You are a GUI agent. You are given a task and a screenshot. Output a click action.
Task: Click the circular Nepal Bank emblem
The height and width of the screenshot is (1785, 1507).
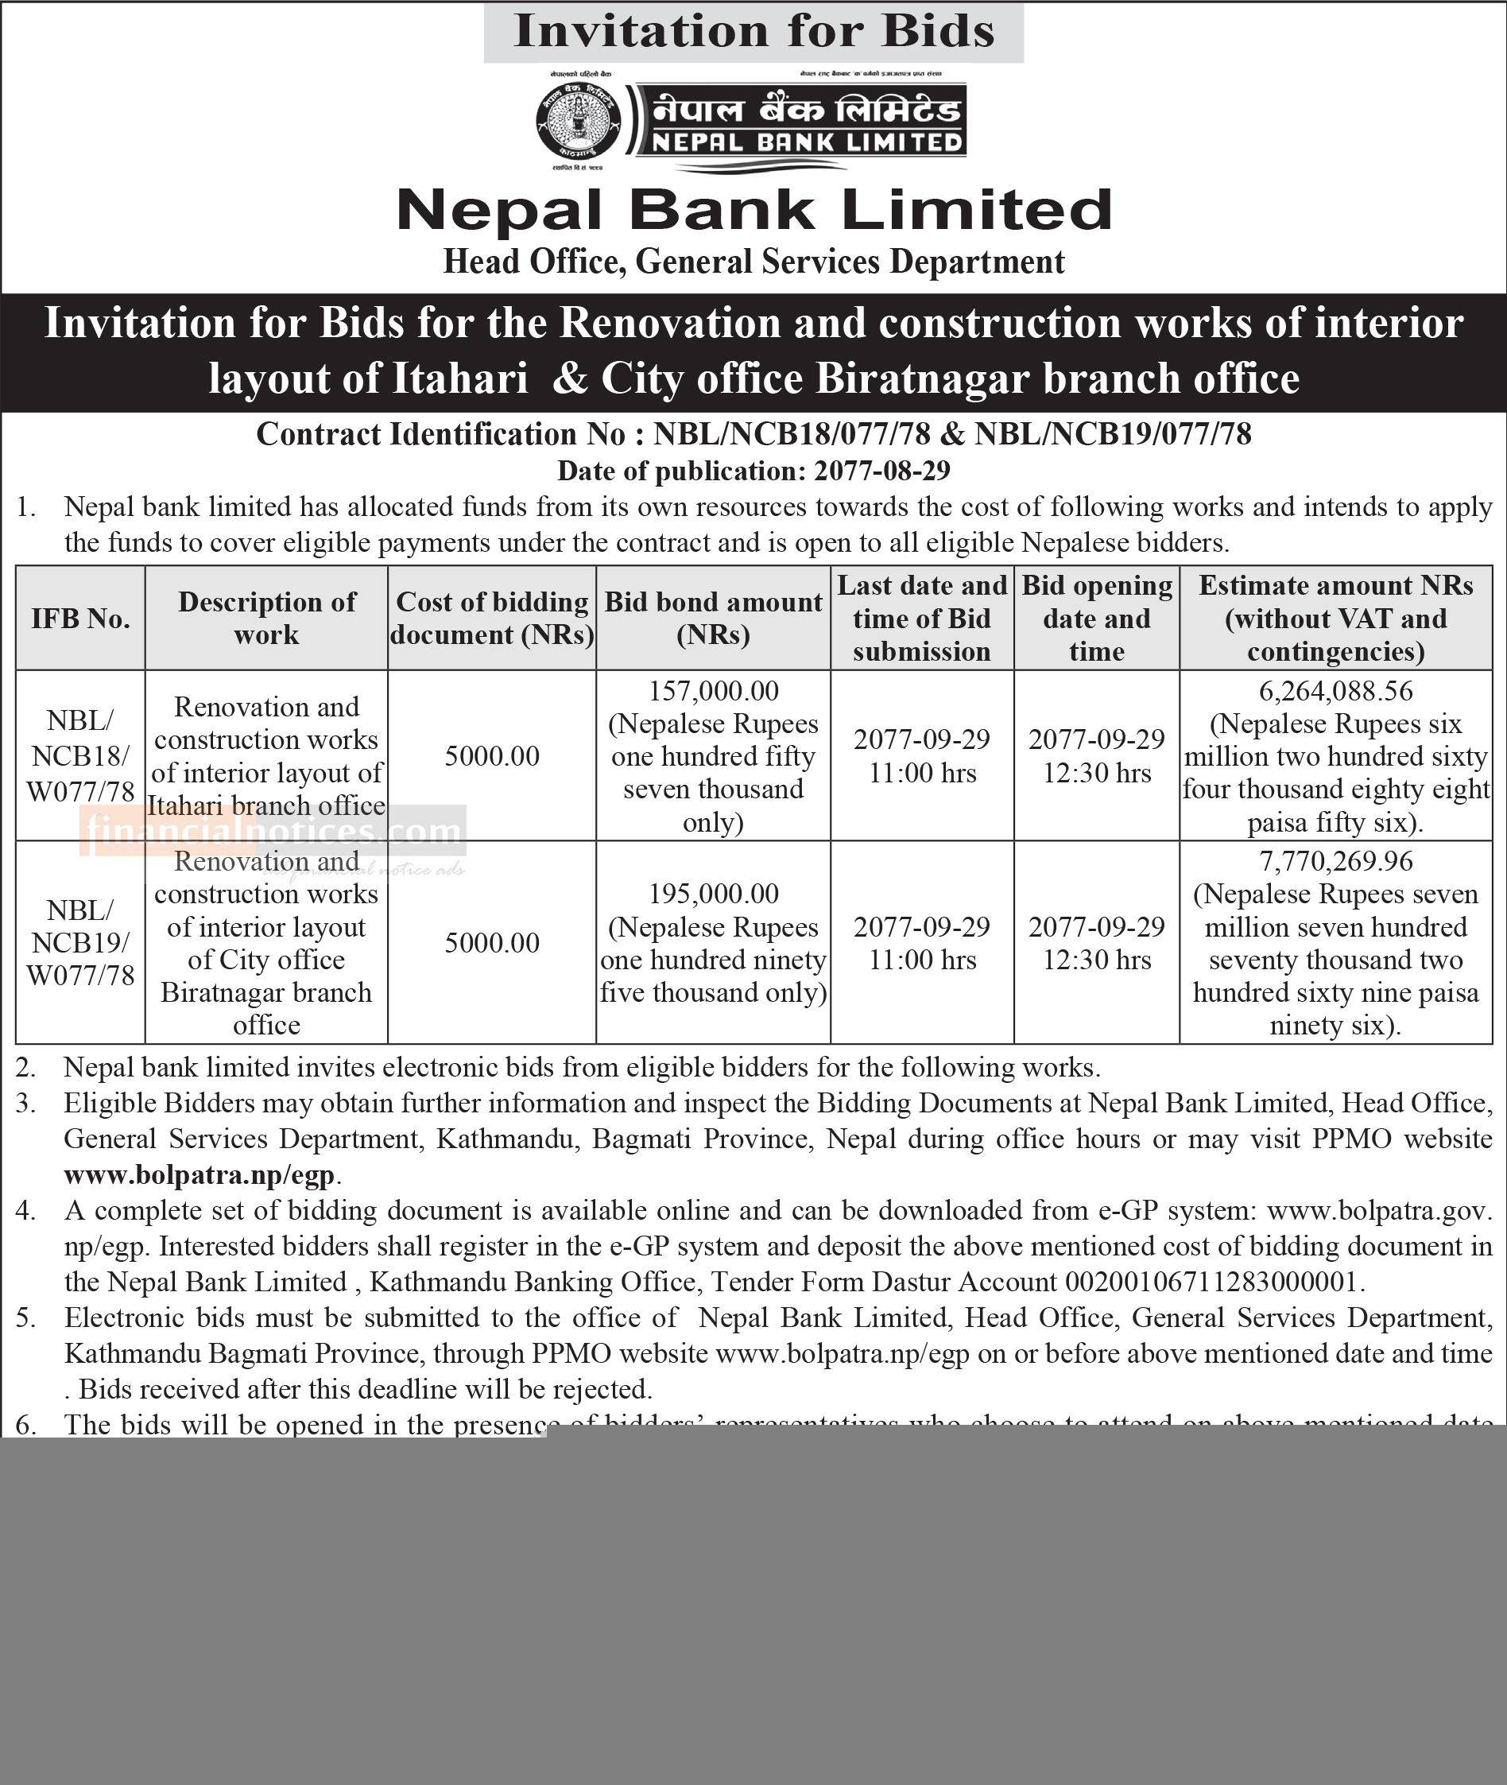pos(578,122)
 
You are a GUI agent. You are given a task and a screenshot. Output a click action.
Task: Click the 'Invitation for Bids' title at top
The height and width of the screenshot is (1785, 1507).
pos(753,32)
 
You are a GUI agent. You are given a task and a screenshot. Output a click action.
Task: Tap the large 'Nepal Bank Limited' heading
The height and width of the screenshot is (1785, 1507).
pos(753,210)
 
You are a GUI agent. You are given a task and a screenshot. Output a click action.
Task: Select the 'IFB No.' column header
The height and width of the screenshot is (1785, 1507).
pos(80,618)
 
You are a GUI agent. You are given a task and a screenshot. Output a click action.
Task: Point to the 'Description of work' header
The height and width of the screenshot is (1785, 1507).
pos(266,618)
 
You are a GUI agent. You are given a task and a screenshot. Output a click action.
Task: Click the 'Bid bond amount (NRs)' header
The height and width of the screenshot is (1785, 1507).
pos(713,618)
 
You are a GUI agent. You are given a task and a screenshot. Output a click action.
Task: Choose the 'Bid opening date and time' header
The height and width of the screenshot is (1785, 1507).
pos(1096,618)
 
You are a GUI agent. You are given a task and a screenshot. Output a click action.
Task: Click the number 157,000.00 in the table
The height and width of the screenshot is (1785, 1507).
pos(713,690)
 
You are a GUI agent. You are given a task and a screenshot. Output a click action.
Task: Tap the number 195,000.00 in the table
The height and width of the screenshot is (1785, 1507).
pos(713,894)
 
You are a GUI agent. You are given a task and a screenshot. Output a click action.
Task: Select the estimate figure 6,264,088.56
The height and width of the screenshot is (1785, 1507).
pos(1335,690)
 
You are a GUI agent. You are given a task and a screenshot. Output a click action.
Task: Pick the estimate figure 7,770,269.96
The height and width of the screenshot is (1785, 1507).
pos(1335,860)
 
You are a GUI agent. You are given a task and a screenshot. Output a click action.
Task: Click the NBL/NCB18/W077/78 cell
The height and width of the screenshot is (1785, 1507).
pos(80,755)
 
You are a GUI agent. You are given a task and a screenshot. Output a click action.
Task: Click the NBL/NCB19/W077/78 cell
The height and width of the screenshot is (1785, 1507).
pos(80,942)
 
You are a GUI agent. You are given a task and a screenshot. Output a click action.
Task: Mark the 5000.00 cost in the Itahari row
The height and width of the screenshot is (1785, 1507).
pos(492,756)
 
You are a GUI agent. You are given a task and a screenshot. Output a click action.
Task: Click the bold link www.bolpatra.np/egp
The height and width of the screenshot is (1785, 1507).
pos(199,1175)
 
